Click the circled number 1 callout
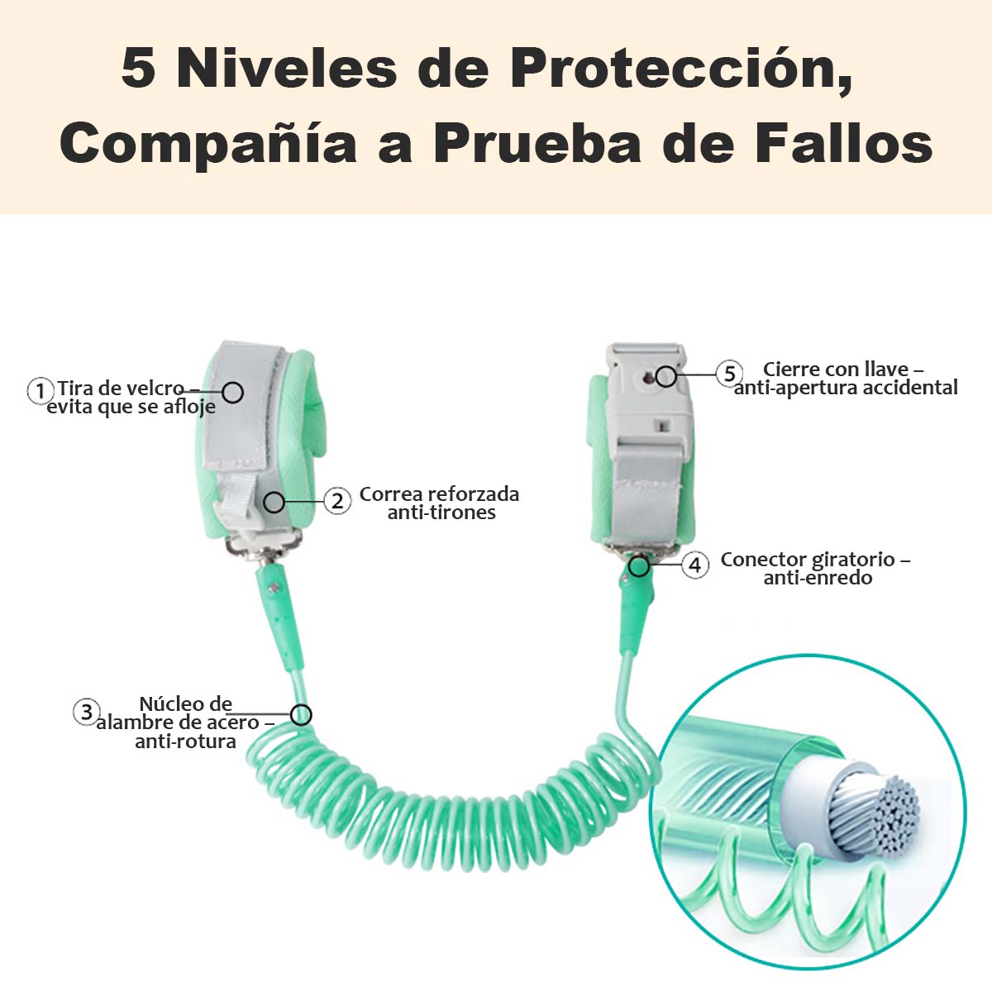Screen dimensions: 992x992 click(x=41, y=391)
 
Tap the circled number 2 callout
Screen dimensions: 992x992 click(x=337, y=500)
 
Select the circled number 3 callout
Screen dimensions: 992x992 click(x=86, y=712)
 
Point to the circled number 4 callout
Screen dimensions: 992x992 click(x=695, y=565)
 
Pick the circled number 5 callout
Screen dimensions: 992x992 click(x=729, y=373)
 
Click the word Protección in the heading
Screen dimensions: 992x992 click(x=681, y=69)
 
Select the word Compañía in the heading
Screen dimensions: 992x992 click(x=208, y=144)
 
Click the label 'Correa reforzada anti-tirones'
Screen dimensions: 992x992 click(x=440, y=503)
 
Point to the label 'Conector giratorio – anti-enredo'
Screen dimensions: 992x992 click(x=815, y=568)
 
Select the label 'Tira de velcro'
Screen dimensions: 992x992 click(x=121, y=388)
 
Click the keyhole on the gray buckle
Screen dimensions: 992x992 click(x=649, y=379)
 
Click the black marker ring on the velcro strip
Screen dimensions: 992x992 click(x=233, y=393)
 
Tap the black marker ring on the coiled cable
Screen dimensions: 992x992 click(x=301, y=714)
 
